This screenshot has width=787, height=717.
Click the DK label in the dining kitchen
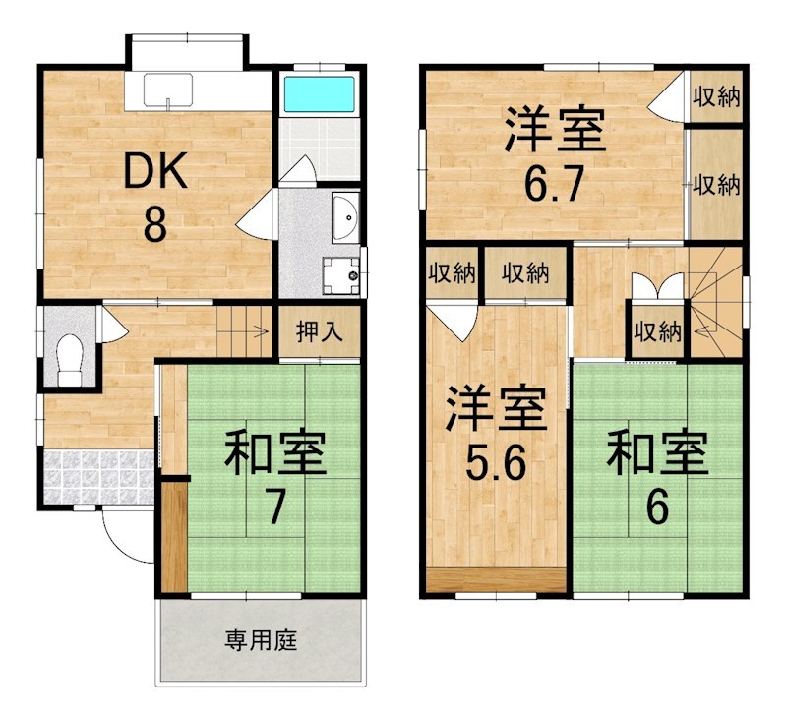(x=155, y=174)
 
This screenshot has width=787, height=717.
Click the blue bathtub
(x=319, y=94)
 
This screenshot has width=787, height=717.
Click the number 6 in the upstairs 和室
(x=656, y=507)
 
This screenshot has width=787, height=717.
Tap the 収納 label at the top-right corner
(x=715, y=96)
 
